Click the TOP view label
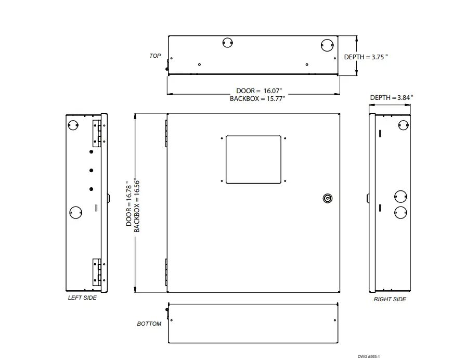tap(155, 56)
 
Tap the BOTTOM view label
tap(149, 324)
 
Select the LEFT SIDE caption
tap(82, 298)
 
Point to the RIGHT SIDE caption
tap(390, 299)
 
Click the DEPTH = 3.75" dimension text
tap(366, 57)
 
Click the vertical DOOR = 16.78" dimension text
tap(130, 203)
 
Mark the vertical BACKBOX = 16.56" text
tap(137, 203)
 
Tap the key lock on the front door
tap(327, 198)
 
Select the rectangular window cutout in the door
tap(253, 159)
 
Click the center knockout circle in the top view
tap(227, 43)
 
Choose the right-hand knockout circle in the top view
tap(326, 45)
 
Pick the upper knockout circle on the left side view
tap(73, 125)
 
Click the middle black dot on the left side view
tap(91, 170)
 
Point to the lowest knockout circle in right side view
tap(400, 211)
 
